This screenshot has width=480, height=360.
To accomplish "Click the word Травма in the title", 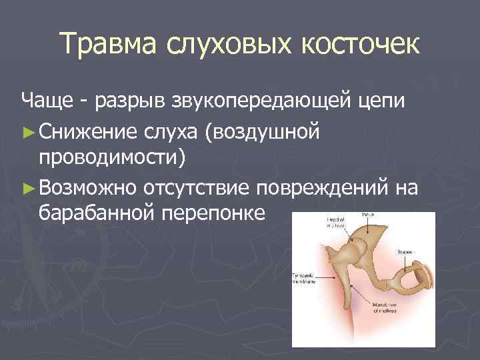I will pos(108,45).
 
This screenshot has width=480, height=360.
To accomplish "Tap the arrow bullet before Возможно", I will pos(28,189).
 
